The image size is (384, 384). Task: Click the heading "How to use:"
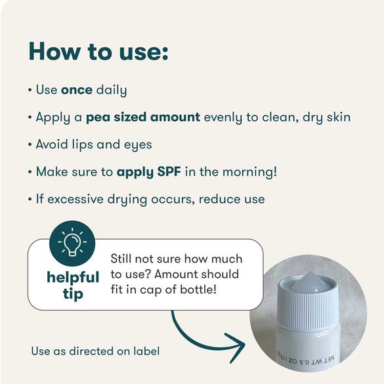98,52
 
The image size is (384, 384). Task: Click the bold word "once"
77,90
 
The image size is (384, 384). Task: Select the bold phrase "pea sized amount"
143,117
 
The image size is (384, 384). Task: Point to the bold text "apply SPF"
149,172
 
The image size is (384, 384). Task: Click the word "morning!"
250,171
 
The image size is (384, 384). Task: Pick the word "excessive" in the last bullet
75,199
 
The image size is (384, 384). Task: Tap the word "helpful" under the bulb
73,277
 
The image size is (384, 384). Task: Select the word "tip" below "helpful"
73,293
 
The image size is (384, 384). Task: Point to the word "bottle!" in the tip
198,289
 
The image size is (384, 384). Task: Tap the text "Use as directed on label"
96,351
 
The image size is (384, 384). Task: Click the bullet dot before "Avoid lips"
30,144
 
